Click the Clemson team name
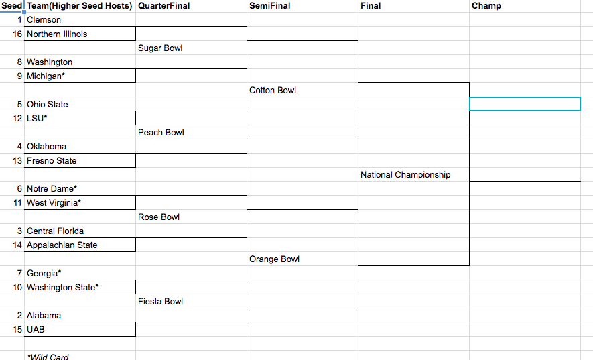coord(44,19)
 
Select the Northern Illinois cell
coord(80,34)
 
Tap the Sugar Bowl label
coord(160,48)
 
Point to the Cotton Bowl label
coord(273,90)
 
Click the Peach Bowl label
coord(161,133)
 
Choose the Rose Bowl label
coord(159,217)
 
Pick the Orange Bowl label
coord(274,259)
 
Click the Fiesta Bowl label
coord(160,301)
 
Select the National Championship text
coord(405,174)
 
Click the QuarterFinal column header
coord(163,5)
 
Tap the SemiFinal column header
coord(269,5)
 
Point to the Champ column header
coord(486,5)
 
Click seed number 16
coord(17,34)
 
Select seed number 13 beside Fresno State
coord(17,160)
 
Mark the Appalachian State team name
coord(62,245)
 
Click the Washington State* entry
coord(63,288)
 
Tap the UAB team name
coord(36,329)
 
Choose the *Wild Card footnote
coord(48,357)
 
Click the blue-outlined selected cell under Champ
coord(525,104)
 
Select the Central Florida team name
coord(55,231)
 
